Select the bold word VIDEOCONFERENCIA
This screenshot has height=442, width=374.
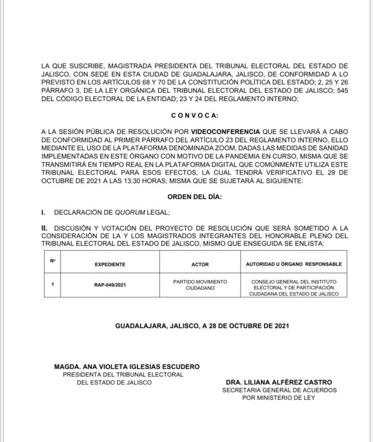pos(225,131)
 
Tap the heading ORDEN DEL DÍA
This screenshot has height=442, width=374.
pos(194,197)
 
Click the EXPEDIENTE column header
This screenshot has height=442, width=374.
pos(110,264)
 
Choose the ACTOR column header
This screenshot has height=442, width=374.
pos(200,264)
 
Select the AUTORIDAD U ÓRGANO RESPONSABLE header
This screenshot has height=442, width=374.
pos(294,264)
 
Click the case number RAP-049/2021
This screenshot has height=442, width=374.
pos(110,285)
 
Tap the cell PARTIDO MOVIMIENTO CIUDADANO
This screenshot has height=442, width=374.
pos(200,285)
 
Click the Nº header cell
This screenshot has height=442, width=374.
pos(53,260)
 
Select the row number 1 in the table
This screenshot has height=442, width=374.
pos(53,284)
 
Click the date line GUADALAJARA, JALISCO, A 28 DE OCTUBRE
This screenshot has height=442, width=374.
pos(202,326)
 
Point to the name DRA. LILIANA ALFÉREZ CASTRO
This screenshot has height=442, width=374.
pos(279,382)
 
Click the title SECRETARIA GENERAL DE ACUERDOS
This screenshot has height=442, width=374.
pos(279,390)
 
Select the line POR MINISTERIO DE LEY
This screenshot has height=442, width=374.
pos(279,398)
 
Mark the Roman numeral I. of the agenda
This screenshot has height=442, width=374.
pos(43,212)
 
